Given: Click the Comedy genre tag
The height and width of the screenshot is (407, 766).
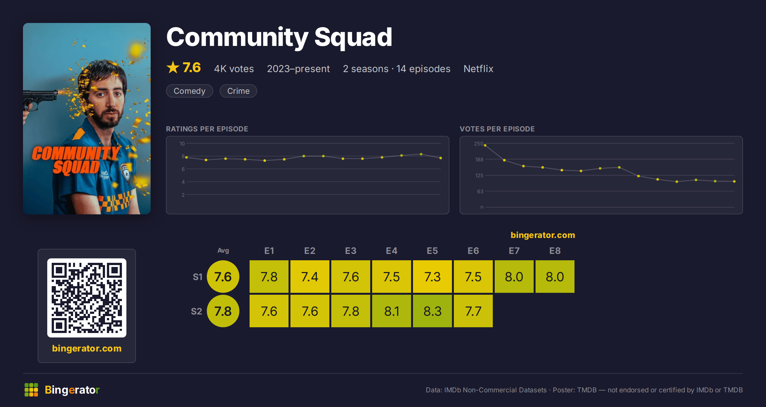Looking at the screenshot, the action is pos(189,91).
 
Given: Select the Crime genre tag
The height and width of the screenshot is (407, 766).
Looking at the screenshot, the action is pos(238,91).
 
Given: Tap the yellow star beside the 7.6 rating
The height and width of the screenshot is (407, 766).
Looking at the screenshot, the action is pos(173,67).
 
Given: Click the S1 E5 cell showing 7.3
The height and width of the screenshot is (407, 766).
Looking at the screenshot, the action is pos(432,277).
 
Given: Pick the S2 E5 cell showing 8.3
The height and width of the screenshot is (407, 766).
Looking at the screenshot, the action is pos(432,311).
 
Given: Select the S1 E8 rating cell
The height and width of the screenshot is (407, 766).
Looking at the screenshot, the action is pos(555,277).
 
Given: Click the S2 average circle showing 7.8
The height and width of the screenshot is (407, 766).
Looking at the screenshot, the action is pos(223,311).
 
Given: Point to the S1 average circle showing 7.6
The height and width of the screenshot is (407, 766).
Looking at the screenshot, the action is pos(223,277).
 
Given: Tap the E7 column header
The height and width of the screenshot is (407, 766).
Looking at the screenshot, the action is pos(514,251).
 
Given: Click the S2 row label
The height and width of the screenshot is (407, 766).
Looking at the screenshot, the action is pos(196,311).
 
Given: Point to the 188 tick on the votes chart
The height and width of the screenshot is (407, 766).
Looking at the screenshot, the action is pos(479,159).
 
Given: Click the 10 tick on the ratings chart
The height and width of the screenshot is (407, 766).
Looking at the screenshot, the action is pos(182,144).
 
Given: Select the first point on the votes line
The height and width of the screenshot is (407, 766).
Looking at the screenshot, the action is pos(485,145).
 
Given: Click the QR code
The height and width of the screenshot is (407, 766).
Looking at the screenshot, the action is pos(87,298).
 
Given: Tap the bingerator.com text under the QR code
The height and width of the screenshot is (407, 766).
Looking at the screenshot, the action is pos(87,348).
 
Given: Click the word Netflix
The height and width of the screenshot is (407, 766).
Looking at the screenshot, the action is pos(478,69).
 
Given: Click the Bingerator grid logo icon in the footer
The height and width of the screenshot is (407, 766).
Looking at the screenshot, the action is pos(31,390).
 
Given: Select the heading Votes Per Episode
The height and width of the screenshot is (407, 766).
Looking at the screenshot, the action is pos(497,129).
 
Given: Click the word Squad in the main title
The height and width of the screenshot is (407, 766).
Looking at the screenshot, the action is pos(353,38).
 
